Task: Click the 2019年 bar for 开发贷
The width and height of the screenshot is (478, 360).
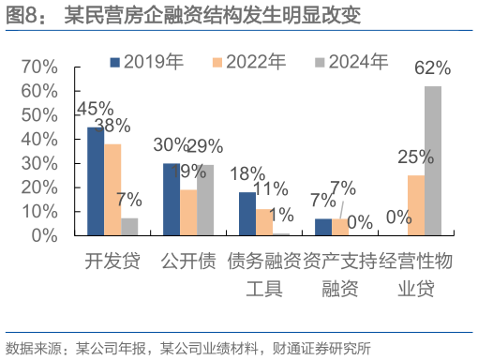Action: (96, 181)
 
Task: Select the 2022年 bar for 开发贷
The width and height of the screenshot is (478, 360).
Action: (112, 189)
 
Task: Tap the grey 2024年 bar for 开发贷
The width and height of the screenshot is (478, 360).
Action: (129, 226)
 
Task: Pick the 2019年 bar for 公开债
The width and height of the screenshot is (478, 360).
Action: (172, 199)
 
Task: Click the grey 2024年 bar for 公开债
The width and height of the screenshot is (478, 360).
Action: (205, 200)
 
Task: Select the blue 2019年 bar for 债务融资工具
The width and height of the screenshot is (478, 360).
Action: (246, 213)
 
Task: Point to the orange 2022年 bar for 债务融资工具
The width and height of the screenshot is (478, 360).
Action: (263, 221)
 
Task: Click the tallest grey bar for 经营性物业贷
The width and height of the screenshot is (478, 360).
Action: (432, 160)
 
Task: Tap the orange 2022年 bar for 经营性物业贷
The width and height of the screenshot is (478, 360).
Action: (415, 204)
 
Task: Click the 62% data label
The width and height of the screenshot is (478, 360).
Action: (432, 68)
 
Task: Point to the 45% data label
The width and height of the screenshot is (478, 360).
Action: (95, 109)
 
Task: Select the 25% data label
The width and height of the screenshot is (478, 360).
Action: (415, 157)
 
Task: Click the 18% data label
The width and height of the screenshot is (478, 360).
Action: (247, 173)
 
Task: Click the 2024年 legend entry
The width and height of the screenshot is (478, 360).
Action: (351, 62)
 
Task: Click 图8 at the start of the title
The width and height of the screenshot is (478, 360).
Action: (22, 15)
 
